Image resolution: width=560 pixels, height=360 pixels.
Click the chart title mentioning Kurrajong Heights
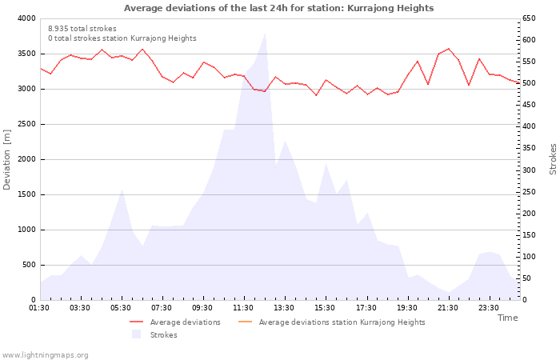(x=278, y=8)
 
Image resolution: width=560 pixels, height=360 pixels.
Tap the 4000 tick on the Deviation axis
(x=26, y=18)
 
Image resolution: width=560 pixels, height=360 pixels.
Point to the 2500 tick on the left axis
(x=26, y=124)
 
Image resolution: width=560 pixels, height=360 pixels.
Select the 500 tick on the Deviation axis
(x=28, y=265)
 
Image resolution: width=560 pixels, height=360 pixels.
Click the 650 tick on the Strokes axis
(x=530, y=18)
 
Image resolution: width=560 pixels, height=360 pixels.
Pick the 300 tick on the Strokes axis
(x=530, y=170)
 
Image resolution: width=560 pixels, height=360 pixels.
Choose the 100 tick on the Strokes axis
(x=530, y=257)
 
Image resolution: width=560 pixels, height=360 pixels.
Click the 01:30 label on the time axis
(x=39, y=308)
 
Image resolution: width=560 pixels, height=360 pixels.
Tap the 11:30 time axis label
(x=243, y=308)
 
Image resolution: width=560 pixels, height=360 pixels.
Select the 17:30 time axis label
(x=366, y=308)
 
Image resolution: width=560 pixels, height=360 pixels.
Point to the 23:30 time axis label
(x=488, y=308)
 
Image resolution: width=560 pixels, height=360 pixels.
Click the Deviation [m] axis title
(x=7, y=159)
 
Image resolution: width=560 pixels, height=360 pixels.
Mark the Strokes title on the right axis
(x=553, y=159)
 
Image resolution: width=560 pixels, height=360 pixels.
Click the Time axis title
(x=507, y=318)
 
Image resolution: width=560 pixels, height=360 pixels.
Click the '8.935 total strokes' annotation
(x=82, y=29)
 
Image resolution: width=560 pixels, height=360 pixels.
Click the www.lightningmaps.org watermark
(x=45, y=354)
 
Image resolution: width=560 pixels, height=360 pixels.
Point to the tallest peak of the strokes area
(x=264, y=33)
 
